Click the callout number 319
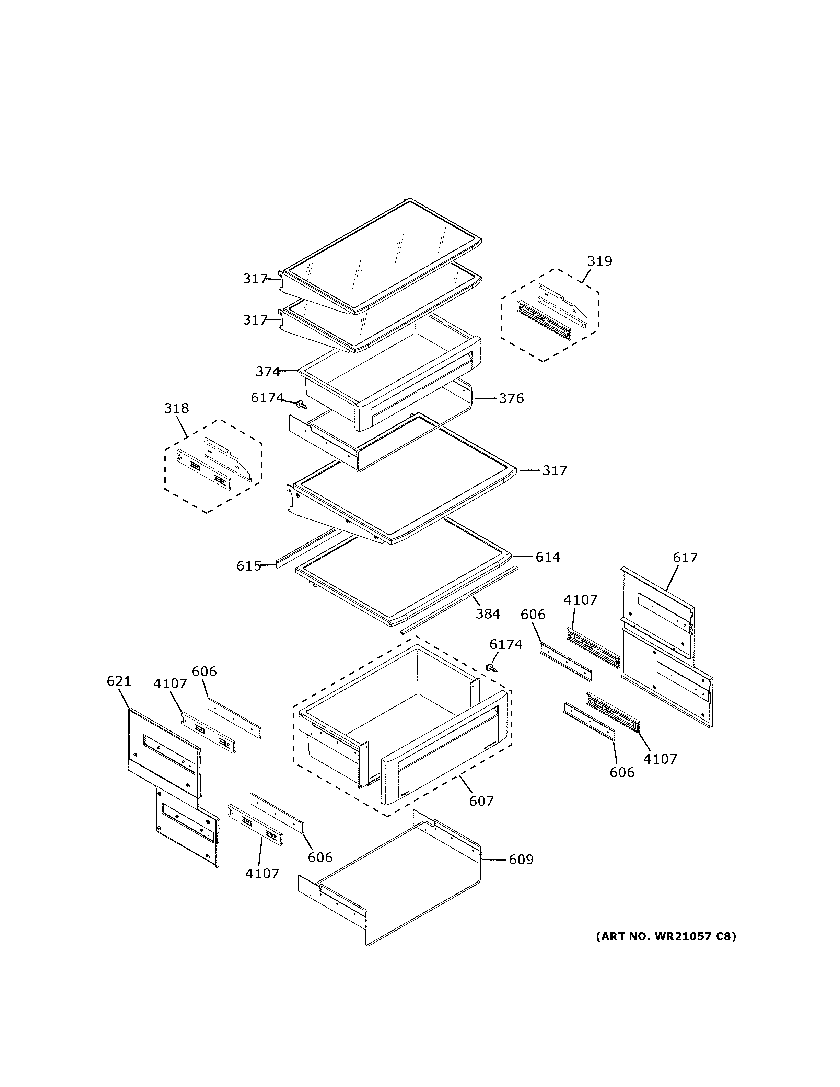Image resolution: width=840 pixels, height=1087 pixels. coord(600,261)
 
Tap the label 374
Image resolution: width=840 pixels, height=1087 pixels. coord(268,372)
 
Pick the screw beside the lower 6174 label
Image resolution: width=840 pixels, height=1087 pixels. coord(492,668)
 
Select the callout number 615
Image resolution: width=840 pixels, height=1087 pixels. coord(248,566)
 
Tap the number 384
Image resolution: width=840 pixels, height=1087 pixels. coord(487,614)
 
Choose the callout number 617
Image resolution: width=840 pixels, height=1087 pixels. coord(685,558)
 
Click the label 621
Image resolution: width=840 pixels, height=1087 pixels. coord(119,681)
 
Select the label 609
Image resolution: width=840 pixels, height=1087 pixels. coord(521,860)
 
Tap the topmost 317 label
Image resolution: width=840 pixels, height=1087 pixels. coord(255,279)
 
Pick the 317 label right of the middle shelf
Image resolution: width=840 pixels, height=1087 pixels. coord(555,471)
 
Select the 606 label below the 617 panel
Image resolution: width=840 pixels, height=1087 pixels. coord(622,772)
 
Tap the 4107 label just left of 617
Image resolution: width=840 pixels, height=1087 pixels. coord(580,600)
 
